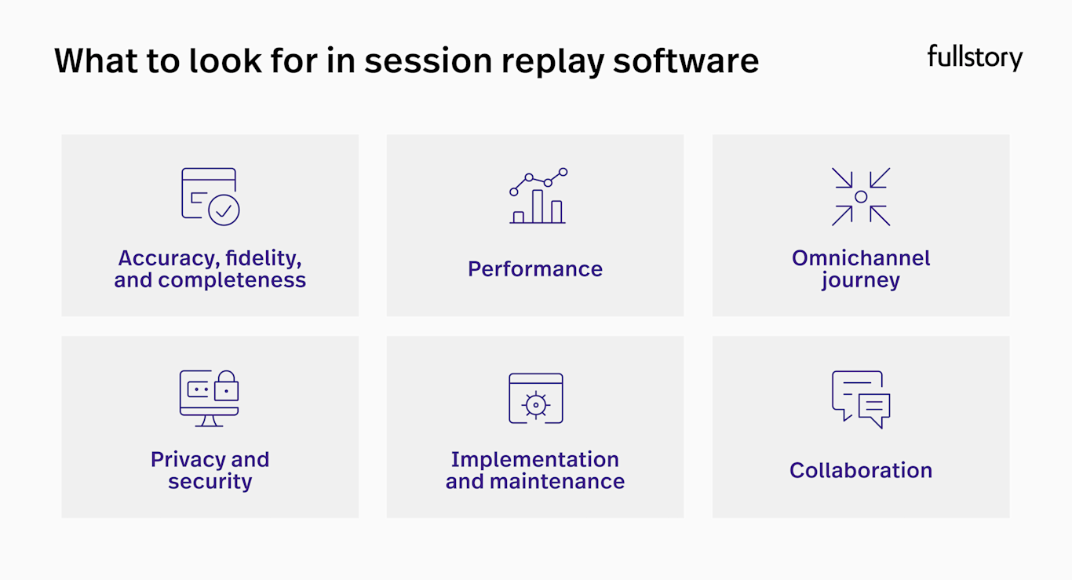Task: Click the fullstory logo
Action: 975,58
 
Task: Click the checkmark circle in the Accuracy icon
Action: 224,210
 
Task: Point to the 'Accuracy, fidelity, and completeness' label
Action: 210,269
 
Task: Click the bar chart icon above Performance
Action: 538,196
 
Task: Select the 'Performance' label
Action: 535,269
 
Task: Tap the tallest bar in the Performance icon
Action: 538,206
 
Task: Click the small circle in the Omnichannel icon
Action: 861,197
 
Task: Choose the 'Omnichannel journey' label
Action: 861,269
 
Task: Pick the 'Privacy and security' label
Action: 210,470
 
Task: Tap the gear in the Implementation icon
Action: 536,404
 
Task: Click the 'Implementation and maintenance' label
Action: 535,470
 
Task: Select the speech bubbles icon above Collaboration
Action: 861,399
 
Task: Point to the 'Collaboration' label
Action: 861,470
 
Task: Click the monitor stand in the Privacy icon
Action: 209,421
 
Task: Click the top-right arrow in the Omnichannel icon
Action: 880,178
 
